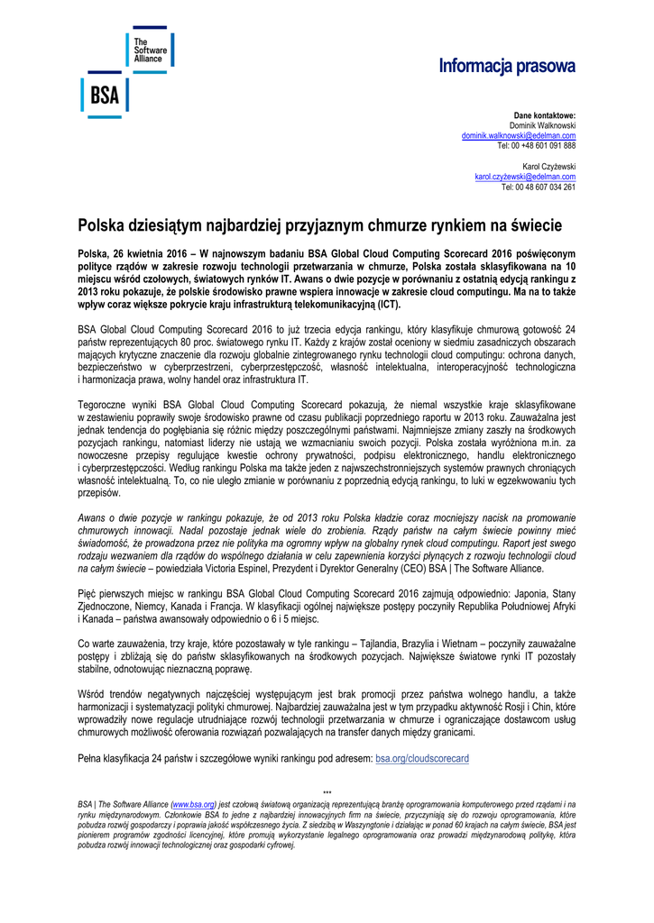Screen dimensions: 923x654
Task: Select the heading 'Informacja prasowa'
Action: (507, 66)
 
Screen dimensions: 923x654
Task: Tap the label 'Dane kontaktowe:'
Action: (545, 116)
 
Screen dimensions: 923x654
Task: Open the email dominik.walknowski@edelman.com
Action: (519, 135)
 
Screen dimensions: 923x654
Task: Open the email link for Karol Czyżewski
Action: (525, 178)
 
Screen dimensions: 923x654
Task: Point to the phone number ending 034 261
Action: (539, 187)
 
